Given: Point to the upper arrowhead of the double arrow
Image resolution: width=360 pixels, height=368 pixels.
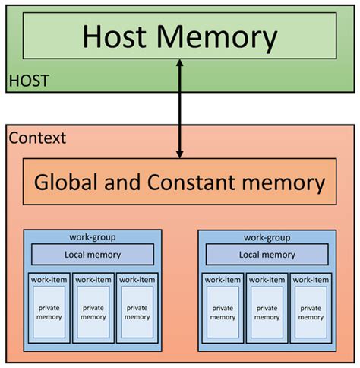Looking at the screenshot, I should click(180, 65).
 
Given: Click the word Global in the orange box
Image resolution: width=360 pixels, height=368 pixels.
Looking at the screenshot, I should click(71, 182).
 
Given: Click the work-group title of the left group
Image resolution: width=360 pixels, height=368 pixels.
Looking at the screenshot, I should click(93, 236).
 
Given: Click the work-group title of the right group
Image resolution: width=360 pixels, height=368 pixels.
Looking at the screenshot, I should click(267, 236).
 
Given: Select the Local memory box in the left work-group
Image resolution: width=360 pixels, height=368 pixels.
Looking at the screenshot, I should click(93, 255).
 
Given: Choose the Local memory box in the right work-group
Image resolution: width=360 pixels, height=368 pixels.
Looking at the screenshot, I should click(267, 255).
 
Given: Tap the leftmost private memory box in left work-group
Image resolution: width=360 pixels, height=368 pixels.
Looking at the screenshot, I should click(49, 312).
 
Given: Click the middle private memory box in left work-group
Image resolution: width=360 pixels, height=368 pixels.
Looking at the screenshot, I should click(93, 312).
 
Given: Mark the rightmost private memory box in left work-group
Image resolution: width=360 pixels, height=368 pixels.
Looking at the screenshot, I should click(137, 312).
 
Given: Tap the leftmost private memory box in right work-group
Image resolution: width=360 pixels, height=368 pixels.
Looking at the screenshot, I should click(224, 312).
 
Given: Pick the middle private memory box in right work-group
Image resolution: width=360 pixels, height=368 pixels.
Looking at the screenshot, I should click(267, 312).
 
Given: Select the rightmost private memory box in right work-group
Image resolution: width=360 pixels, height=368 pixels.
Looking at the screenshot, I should click(311, 312).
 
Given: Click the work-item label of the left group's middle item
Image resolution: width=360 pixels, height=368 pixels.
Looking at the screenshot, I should click(93, 279).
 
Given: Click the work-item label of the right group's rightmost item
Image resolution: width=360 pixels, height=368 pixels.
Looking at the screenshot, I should click(311, 279).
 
